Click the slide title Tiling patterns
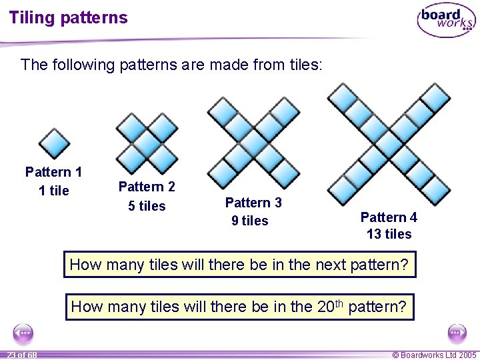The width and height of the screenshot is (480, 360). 68,18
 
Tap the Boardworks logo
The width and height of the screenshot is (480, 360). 446,20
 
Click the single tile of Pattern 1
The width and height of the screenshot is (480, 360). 54,143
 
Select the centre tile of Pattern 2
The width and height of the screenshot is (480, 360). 147,143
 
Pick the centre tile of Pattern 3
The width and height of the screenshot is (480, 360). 254,143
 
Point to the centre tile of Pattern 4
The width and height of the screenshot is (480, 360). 389,141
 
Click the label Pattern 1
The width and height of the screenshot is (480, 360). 53,173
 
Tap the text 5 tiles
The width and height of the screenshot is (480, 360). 147,206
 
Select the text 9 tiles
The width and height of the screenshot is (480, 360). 249,221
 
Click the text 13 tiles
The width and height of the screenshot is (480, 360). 389,234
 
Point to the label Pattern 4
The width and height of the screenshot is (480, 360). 389,217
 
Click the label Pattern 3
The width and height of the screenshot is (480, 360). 253,203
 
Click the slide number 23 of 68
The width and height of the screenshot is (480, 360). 23,355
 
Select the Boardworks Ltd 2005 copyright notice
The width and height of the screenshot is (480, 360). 434,355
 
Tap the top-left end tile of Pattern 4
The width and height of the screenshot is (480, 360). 344,97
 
